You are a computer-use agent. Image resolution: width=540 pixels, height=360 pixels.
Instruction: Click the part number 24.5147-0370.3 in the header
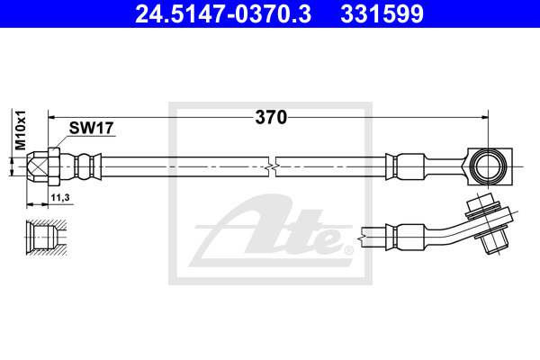pos(223,14)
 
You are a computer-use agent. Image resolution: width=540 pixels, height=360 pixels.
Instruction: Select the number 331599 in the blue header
pos(382,14)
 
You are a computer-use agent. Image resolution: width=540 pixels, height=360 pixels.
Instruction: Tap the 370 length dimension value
pos(271,118)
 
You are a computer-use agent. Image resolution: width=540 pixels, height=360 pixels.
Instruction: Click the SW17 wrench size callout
pos(91,128)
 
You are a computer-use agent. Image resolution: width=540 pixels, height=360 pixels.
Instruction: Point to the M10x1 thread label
pos(21,130)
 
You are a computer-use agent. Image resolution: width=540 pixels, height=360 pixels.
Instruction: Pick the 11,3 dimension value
pos(60,197)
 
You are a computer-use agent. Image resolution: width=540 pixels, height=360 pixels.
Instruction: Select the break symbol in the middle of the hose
pos(272,167)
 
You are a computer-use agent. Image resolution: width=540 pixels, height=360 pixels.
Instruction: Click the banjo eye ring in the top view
pos(489,166)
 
